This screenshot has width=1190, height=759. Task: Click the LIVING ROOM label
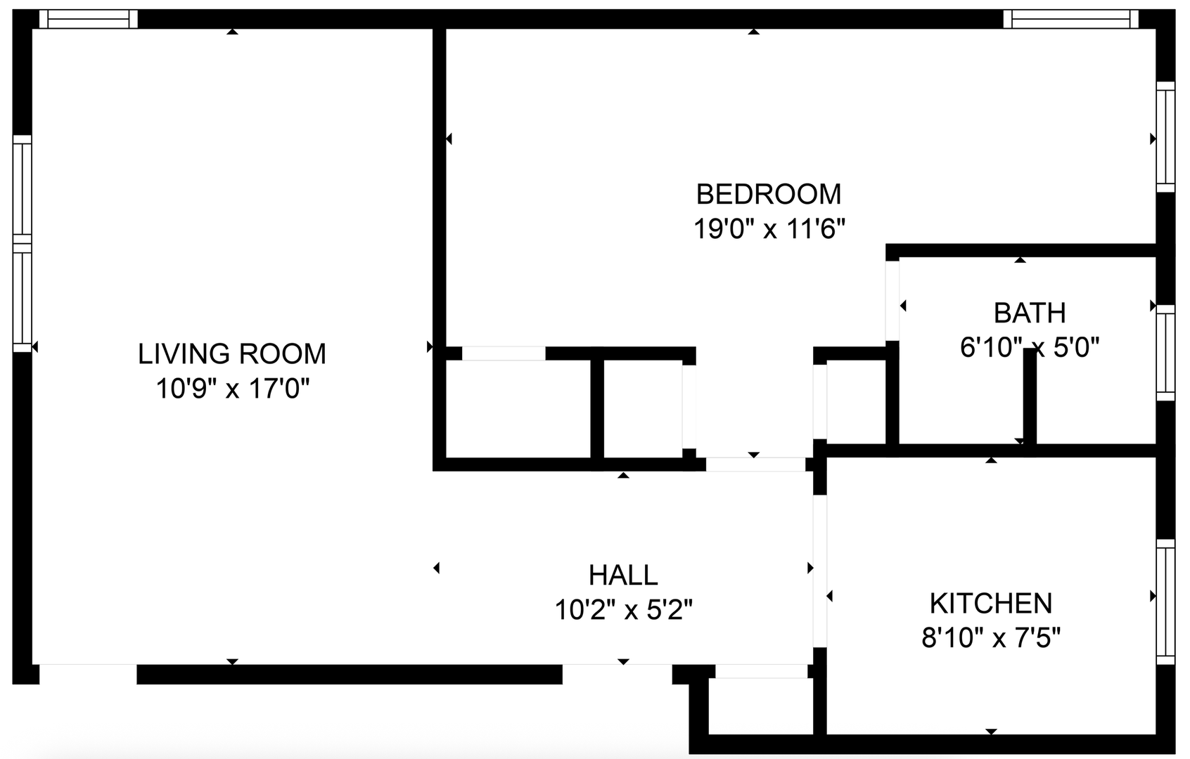(232, 353)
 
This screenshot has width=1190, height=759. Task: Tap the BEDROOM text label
(768, 193)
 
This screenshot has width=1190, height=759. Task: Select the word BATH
(1029, 313)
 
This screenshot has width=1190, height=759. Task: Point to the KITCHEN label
(990, 604)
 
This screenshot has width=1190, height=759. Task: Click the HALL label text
(623, 575)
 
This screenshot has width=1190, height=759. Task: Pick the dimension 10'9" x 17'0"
(232, 388)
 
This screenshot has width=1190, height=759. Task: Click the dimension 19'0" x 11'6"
(769, 228)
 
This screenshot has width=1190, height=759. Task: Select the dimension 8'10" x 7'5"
(990, 638)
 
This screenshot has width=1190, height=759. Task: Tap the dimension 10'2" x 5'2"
(623, 609)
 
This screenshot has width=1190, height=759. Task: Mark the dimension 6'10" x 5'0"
(1029, 347)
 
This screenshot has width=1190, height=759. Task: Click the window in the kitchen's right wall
(1165, 602)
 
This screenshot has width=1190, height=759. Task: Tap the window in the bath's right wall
(1165, 353)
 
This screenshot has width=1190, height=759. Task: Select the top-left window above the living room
(88, 19)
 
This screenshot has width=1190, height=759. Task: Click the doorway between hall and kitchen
(819, 571)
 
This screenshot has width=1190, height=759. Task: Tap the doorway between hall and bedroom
(755, 465)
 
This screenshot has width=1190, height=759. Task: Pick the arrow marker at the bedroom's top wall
(754, 32)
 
